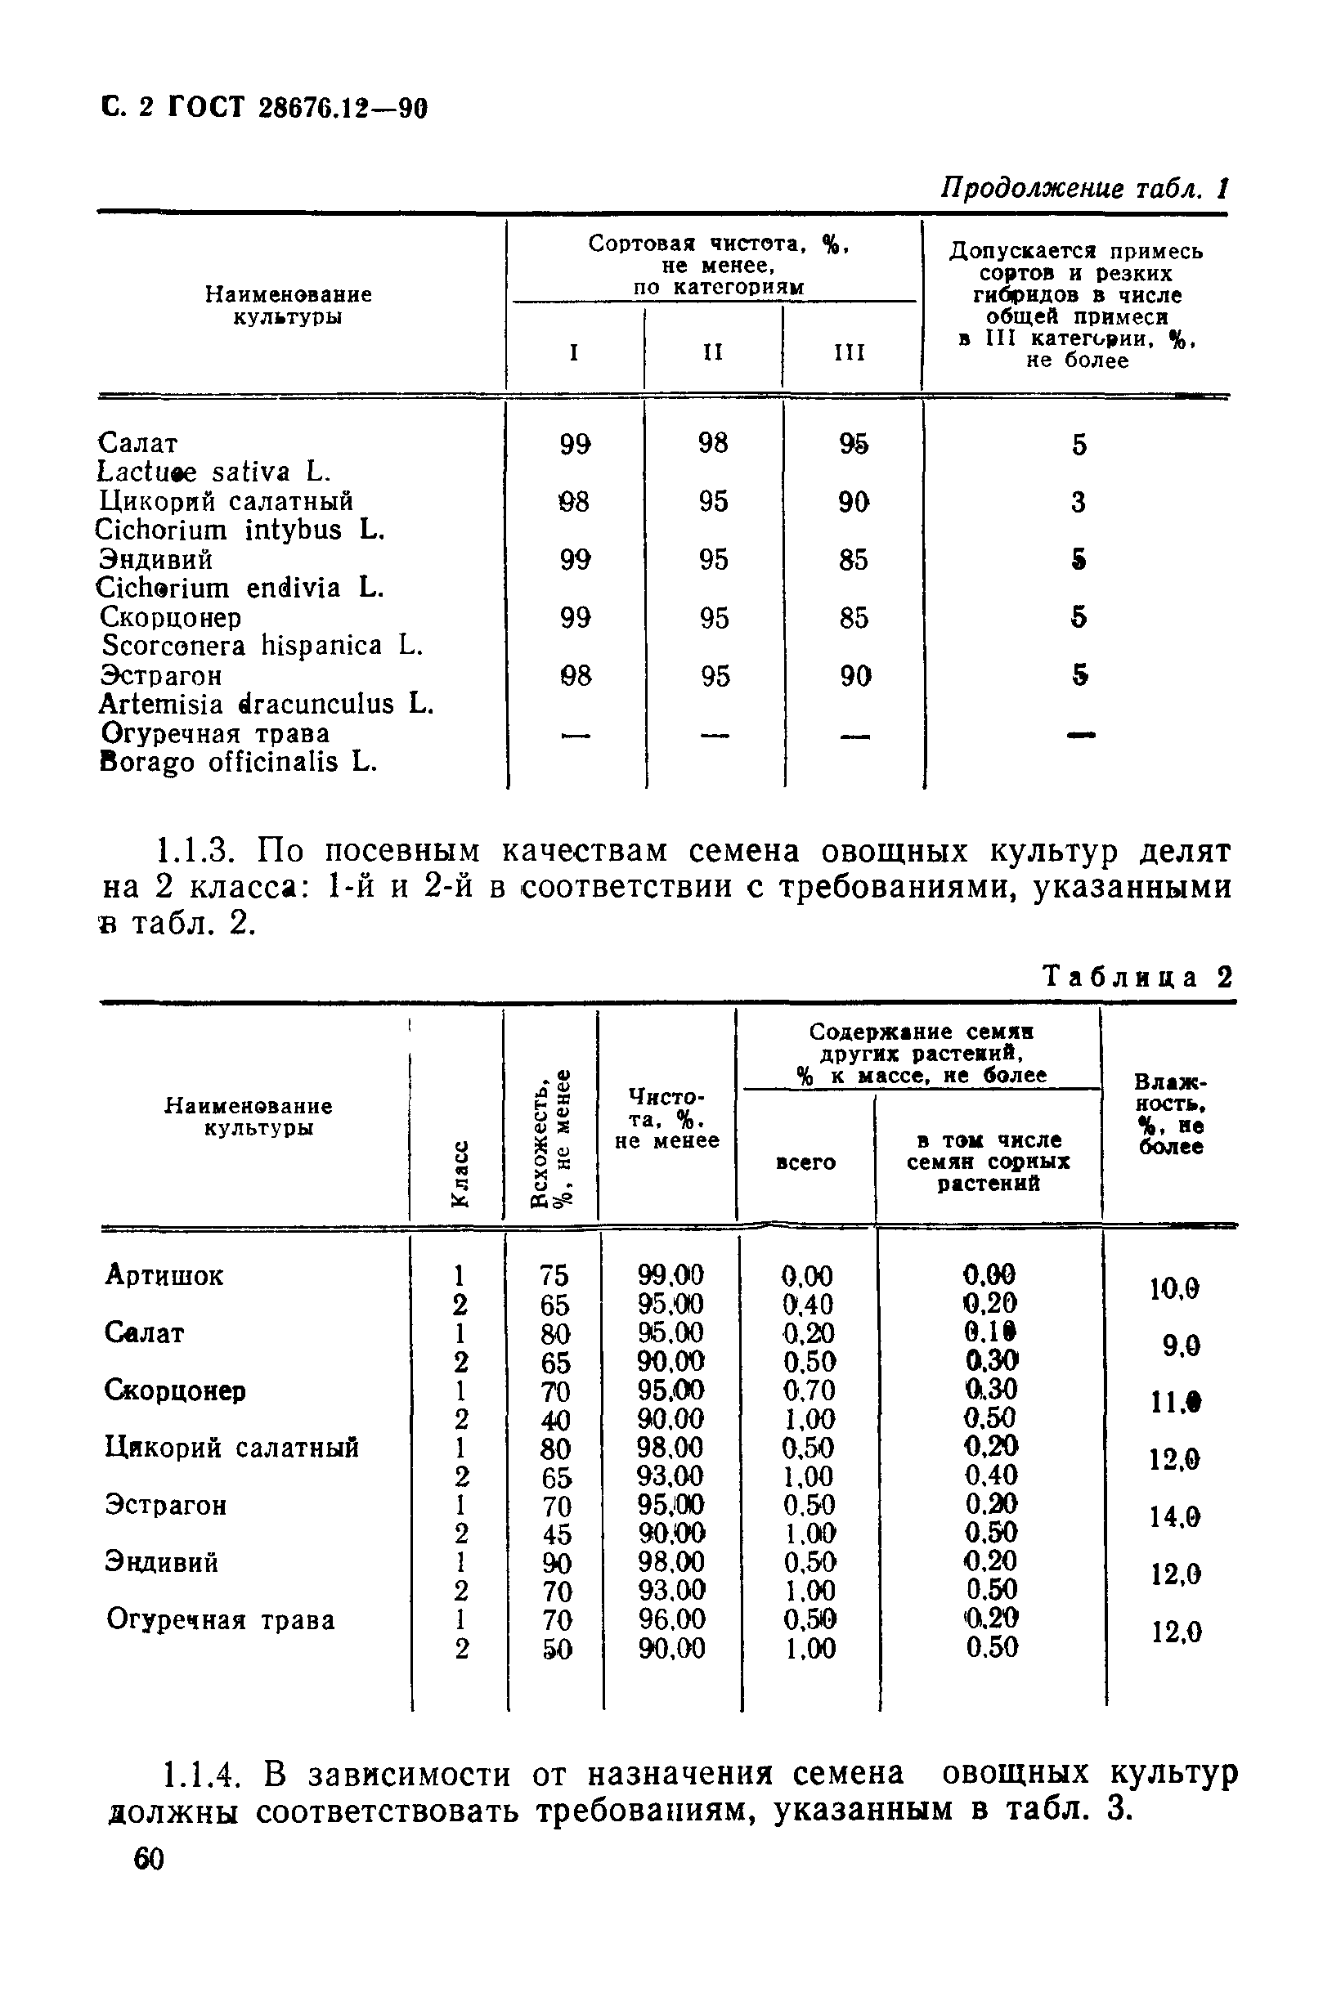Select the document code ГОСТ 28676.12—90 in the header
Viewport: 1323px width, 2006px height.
click(297, 108)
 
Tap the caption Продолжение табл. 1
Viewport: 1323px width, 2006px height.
click(1083, 188)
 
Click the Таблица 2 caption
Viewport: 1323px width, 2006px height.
click(1138, 977)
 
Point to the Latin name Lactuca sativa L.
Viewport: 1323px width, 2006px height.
click(214, 472)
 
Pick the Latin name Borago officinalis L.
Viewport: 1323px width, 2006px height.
click(238, 762)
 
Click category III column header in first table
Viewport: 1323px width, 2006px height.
click(850, 351)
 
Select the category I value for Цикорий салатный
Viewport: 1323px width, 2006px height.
click(575, 502)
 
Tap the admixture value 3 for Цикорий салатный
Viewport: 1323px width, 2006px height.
click(1079, 502)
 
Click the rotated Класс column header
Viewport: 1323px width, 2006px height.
click(460, 1172)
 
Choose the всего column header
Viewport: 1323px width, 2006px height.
click(805, 1162)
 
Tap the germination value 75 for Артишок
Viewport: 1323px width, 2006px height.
click(554, 1274)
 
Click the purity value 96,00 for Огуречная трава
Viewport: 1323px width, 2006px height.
click(670, 1619)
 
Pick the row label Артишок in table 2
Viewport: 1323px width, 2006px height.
click(164, 1274)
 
